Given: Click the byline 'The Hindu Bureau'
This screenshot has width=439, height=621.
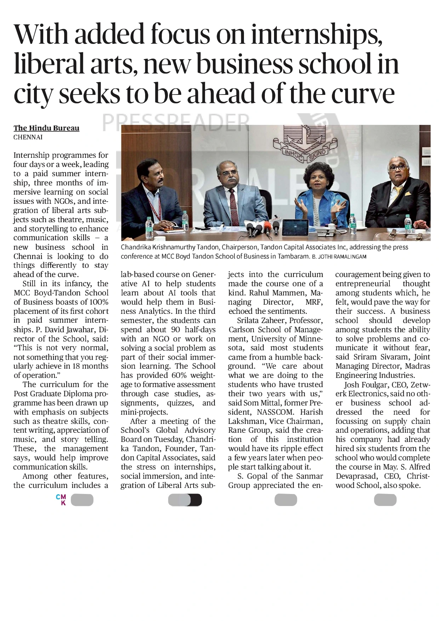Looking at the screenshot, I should [46, 128].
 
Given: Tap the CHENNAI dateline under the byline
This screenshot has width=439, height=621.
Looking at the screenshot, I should [28, 137].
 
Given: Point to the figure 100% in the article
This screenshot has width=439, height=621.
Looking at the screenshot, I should [99, 302].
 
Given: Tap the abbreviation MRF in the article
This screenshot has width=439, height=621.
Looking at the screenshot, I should [314, 302].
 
